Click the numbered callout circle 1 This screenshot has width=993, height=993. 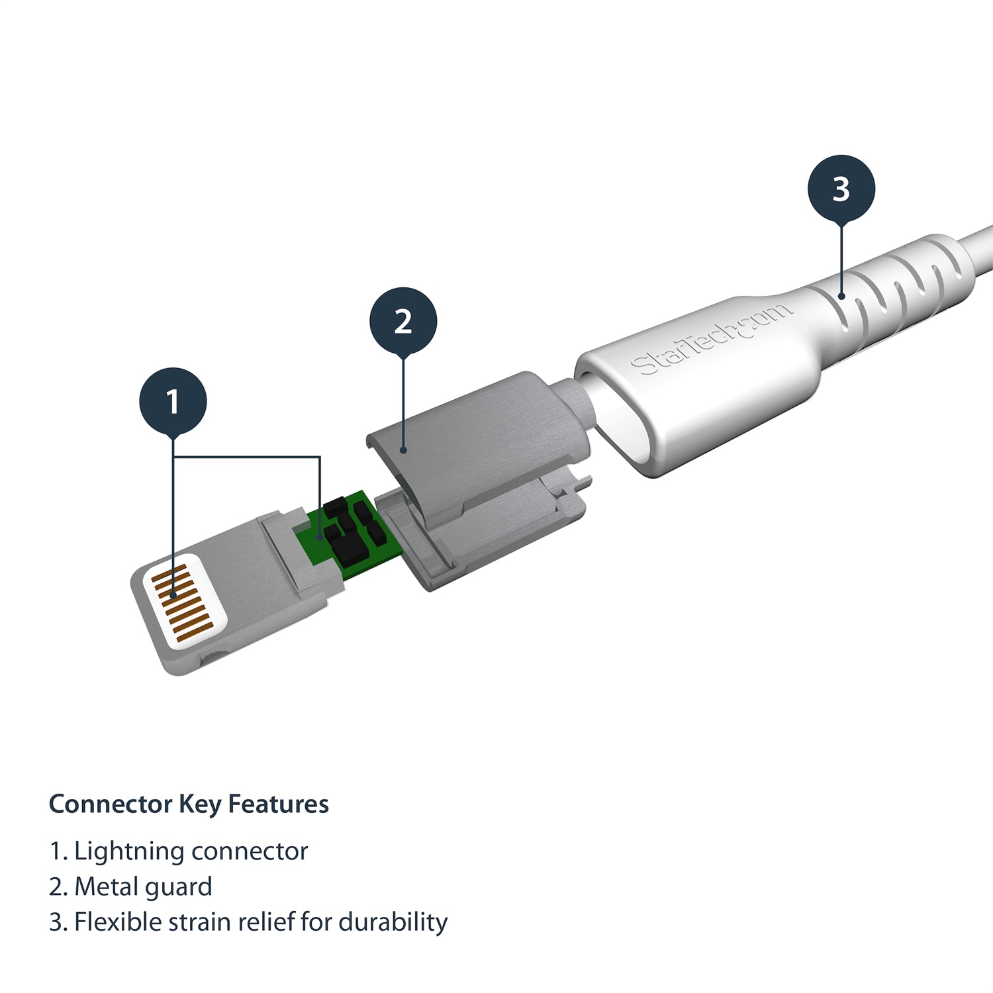click(x=173, y=401)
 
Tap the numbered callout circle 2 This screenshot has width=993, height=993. click(x=403, y=321)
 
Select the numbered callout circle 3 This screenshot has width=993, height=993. click(x=841, y=189)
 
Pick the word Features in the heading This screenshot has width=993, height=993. click(x=278, y=804)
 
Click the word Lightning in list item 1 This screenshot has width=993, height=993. click(x=129, y=852)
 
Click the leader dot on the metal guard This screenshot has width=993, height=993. click(x=403, y=450)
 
